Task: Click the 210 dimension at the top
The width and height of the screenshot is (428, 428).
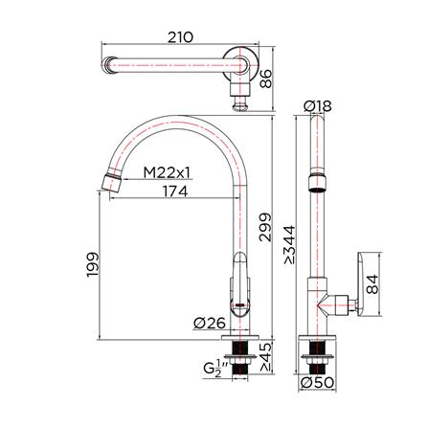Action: pos(180,37)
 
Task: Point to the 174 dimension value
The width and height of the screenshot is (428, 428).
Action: pos(172,191)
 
